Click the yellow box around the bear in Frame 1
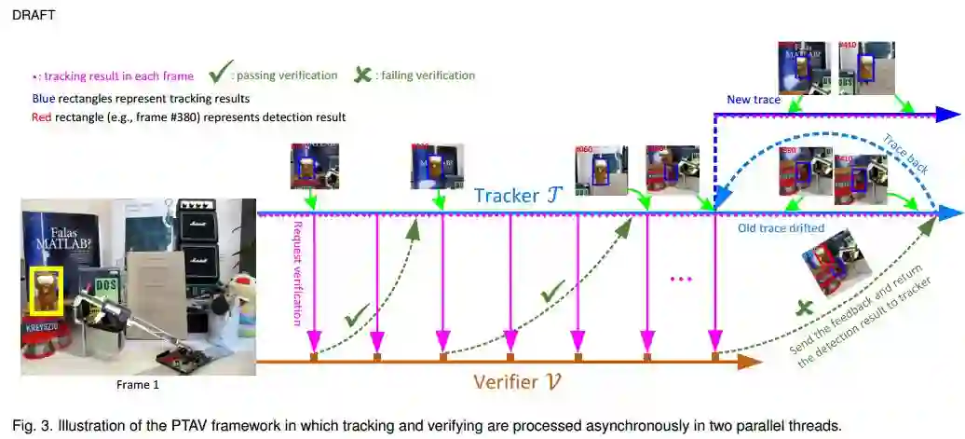[46, 290]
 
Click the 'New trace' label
[753, 99]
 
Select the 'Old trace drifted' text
[780, 226]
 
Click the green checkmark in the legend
[220, 72]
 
